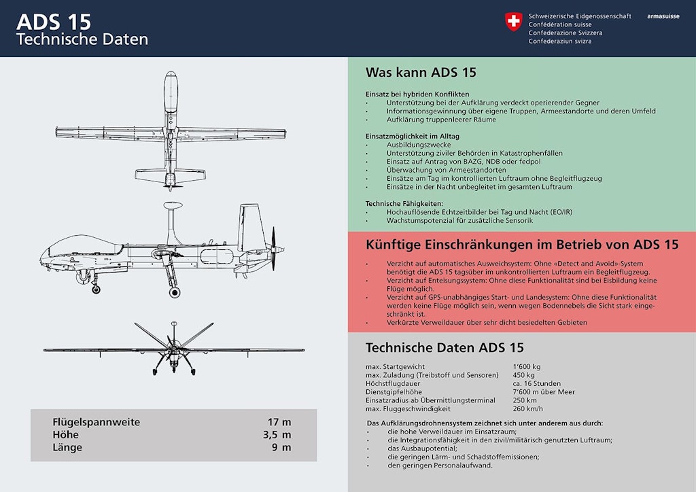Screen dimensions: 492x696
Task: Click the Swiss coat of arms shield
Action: [513, 22]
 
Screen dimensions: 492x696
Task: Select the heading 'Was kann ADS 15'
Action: [421, 73]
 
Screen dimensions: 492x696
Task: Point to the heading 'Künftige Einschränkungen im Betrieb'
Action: [521, 244]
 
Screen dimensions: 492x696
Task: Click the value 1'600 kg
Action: [527, 366]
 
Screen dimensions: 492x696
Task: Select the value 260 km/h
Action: [528, 408]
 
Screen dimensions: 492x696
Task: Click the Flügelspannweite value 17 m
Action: [279, 422]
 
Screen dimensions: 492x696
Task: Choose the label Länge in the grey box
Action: [67, 447]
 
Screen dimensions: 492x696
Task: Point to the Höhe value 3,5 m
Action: [277, 435]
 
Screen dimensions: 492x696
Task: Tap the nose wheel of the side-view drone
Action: [96, 289]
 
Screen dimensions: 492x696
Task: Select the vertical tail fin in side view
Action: [250, 224]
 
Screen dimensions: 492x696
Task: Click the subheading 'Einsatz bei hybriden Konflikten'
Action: [417, 94]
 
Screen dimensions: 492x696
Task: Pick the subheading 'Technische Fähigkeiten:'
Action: [404, 203]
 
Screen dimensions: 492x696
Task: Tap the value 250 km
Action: [525, 400]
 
